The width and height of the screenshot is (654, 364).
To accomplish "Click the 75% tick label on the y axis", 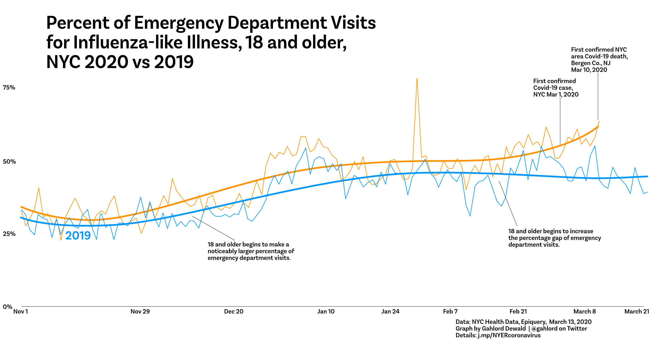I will click(9, 88).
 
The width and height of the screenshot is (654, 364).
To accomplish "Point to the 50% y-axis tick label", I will click(9, 162).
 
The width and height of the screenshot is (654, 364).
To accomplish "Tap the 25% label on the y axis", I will click(9, 234).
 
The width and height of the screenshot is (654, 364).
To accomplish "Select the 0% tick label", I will click(8, 307).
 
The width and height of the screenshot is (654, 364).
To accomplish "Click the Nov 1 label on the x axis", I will click(21, 311).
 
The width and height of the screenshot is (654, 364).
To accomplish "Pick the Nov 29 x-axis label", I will click(140, 311).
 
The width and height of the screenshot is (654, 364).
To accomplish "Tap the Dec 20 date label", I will click(234, 311).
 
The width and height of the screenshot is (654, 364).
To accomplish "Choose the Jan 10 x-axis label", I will click(326, 311).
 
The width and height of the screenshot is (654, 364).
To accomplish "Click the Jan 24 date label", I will click(390, 311).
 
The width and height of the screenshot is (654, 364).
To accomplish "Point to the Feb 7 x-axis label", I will click(450, 311).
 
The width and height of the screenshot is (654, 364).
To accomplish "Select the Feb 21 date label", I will click(518, 311).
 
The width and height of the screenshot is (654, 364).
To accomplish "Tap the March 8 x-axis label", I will click(585, 311).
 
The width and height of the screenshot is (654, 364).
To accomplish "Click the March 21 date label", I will click(637, 311).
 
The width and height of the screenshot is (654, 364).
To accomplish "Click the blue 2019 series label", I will click(78, 235).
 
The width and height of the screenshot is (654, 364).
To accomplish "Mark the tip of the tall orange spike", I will click(417, 79).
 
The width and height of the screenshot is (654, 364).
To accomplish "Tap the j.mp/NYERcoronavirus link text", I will click(509, 335).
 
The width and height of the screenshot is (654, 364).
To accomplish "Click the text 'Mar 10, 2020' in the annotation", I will click(589, 70).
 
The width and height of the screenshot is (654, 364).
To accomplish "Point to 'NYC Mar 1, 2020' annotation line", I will click(556, 94).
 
